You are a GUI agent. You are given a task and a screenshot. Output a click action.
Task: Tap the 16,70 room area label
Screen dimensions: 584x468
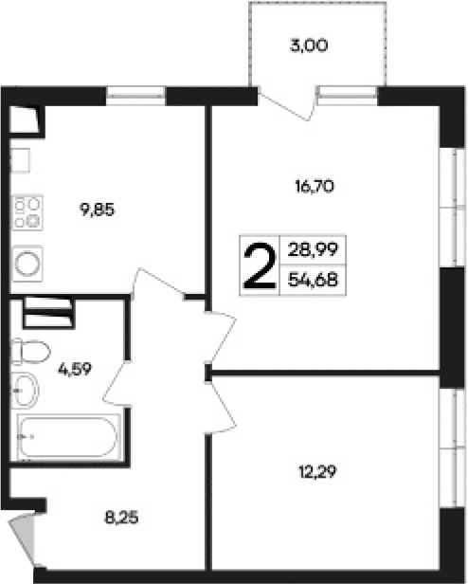(x=316, y=186)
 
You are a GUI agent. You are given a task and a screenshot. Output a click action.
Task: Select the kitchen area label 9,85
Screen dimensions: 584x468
(x=98, y=210)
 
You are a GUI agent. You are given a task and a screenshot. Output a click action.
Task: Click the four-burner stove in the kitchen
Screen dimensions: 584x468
(x=27, y=213)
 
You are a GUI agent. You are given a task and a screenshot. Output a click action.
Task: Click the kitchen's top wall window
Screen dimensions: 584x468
(x=135, y=93)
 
